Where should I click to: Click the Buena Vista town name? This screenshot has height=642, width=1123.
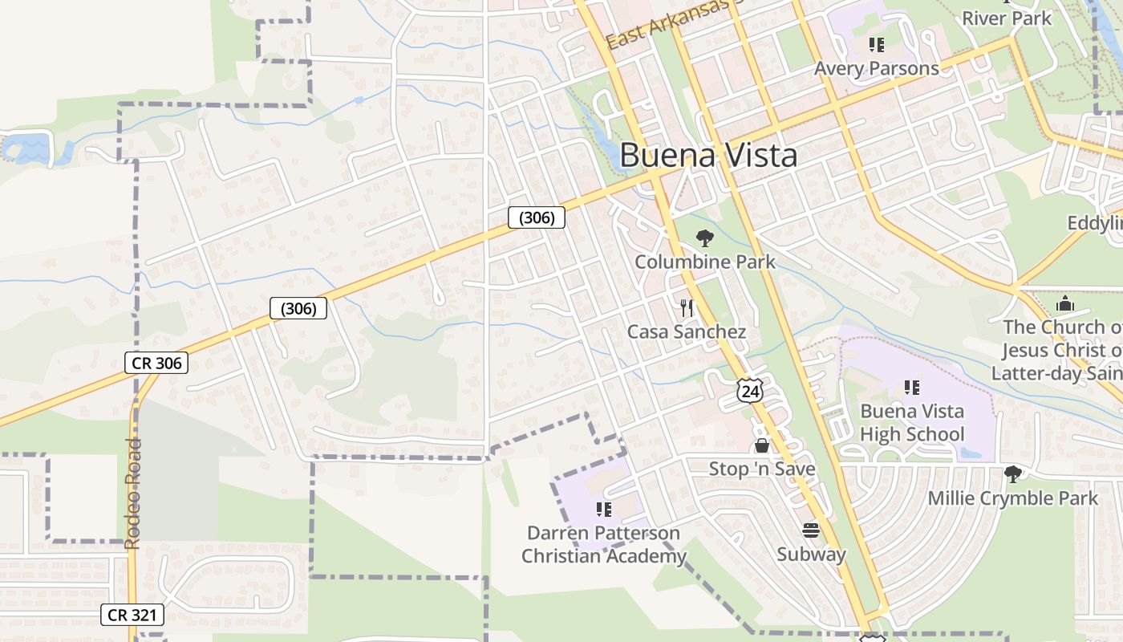[708, 155]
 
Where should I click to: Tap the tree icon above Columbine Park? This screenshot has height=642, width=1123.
[705, 238]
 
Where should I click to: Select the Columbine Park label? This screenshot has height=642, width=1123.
[705, 262]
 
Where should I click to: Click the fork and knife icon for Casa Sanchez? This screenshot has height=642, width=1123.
[687, 307]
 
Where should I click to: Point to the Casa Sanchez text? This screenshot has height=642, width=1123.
[687, 331]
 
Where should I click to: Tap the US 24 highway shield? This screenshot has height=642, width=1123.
[750, 391]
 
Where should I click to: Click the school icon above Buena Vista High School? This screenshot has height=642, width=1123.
[911, 388]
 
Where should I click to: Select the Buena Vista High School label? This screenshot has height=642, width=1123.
[912, 423]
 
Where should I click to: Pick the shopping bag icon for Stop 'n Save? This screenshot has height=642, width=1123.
[761, 445]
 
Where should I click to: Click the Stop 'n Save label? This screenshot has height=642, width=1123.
[761, 469]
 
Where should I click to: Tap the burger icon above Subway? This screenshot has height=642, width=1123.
[811, 530]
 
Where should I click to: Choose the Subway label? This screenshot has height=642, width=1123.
[811, 554]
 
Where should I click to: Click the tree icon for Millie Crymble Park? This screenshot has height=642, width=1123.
[1013, 473]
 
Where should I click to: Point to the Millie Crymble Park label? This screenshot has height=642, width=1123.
[1013, 498]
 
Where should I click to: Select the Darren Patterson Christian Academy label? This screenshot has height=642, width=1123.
[604, 544]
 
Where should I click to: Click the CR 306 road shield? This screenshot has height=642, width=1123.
[157, 363]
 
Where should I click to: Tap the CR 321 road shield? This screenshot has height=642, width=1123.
[133, 616]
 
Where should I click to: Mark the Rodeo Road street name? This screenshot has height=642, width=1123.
[133, 494]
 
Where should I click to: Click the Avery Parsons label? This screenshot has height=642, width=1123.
[877, 68]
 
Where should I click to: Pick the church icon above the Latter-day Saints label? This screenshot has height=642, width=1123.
[1065, 303]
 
